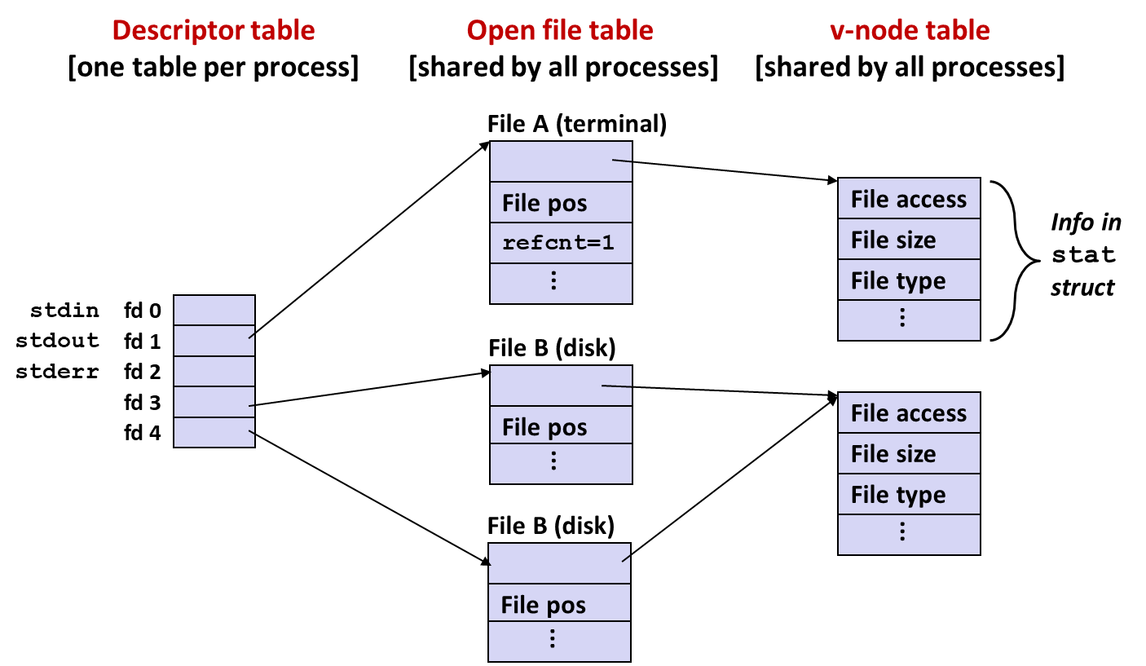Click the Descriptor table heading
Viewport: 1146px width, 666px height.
pyautogui.click(x=214, y=31)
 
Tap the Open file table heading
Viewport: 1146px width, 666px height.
pyautogui.click(x=560, y=31)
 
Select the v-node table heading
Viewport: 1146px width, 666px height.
pyautogui.click(x=909, y=31)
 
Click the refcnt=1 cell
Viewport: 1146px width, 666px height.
pyautogui.click(x=561, y=243)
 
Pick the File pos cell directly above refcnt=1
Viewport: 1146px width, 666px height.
pyautogui.click(x=561, y=202)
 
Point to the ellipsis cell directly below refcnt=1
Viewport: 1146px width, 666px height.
pyautogui.click(x=561, y=283)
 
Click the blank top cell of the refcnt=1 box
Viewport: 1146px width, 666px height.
pyautogui.click(x=561, y=161)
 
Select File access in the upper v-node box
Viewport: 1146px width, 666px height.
pyautogui.click(x=909, y=199)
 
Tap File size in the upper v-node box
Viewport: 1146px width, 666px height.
pyautogui.click(x=909, y=240)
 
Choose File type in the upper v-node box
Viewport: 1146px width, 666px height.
pyautogui.click(x=909, y=280)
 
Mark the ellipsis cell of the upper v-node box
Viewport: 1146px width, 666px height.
pyautogui.click(x=909, y=320)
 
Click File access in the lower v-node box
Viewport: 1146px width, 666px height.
pyautogui.click(x=909, y=413)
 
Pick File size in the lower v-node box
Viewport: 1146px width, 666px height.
pyautogui.click(x=909, y=453)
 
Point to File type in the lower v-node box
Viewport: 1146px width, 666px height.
pyautogui.click(x=909, y=494)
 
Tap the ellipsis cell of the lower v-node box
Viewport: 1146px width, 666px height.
pyautogui.click(x=909, y=534)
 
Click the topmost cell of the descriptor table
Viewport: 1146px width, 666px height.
pyautogui.click(x=214, y=311)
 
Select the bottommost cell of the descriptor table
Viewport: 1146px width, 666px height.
pyautogui.click(x=214, y=432)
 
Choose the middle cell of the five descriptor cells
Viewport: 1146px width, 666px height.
pyautogui.click(x=214, y=371)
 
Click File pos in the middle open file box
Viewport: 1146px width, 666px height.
pyautogui.click(x=561, y=426)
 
